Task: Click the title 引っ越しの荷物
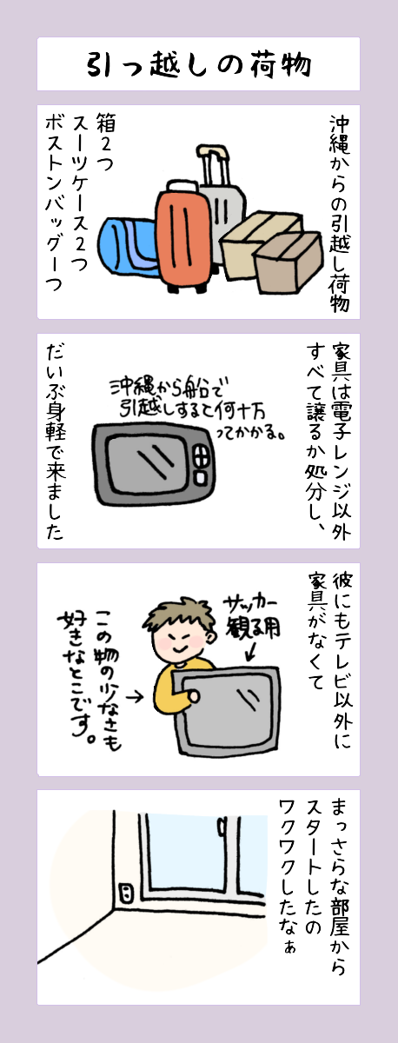coord(199,64)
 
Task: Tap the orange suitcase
coord(183,237)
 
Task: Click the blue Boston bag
coord(128,250)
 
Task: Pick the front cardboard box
coord(289,263)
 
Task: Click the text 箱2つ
coord(105,142)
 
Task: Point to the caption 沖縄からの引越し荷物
coord(339,213)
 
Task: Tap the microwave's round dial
coord(202,455)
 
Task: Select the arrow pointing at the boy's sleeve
coord(135,697)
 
